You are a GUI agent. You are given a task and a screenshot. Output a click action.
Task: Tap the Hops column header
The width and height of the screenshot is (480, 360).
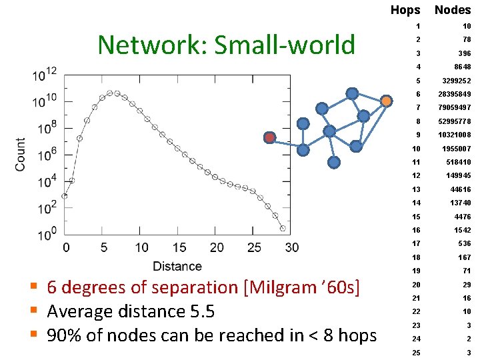tap(405, 9)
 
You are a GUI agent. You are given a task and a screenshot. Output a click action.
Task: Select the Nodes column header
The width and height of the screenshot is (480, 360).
tap(453, 9)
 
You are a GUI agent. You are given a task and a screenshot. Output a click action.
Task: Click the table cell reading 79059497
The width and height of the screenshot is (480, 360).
tap(454, 107)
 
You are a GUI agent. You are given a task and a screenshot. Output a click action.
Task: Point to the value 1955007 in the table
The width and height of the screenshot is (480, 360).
tap(457, 148)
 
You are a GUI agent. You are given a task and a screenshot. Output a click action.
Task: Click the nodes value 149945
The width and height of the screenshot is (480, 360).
tap(459, 175)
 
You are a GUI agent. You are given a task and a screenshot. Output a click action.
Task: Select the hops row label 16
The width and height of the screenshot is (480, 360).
tap(416, 229)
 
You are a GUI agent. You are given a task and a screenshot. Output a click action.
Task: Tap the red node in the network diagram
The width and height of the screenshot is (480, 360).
tap(269, 137)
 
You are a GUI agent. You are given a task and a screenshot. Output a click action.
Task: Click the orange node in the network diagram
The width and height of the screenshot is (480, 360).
tap(386, 101)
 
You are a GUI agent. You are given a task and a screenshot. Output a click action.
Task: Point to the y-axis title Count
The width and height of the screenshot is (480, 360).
tap(21, 155)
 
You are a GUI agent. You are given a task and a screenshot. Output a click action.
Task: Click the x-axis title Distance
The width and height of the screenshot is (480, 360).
tap(177, 266)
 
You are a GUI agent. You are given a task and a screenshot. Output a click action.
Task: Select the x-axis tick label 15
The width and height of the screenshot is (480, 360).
tap(179, 248)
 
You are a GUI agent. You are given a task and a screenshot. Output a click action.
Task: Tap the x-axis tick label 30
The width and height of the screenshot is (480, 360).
tap(291, 248)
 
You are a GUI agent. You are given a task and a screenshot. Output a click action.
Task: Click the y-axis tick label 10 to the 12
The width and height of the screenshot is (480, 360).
tap(45, 74)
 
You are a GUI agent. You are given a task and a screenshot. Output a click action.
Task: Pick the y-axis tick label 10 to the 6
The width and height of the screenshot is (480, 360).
tap(45, 155)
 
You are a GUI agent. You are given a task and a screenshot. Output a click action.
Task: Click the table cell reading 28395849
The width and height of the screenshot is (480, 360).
tap(454, 94)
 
